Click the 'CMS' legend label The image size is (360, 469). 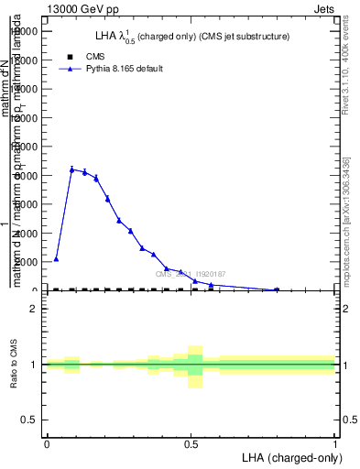[x=95, y=57]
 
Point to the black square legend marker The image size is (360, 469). [x=71, y=57]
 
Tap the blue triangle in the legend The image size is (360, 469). [x=71, y=69]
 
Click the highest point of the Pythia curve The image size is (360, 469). [x=71, y=169]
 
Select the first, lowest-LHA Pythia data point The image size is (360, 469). [x=56, y=259]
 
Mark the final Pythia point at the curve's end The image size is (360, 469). [x=276, y=289]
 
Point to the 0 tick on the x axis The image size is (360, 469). [x=47, y=443]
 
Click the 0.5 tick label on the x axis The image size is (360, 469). [x=191, y=443]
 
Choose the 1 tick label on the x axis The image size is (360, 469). [x=334, y=443]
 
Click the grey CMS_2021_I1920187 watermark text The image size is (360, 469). [x=190, y=274]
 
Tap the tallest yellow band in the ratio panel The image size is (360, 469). [x=194, y=366]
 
